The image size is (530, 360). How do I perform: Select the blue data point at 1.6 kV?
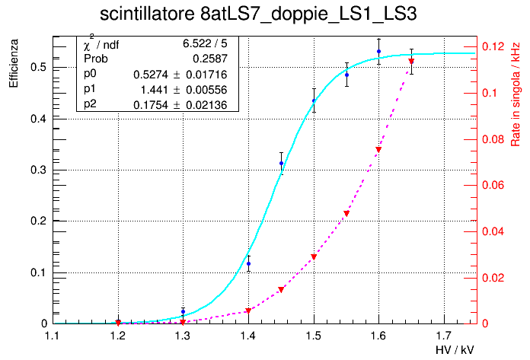[378, 52]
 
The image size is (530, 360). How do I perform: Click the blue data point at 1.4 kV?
[248, 263]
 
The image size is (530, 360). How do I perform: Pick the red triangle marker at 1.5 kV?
[314, 257]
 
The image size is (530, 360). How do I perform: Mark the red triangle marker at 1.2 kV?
[118, 323]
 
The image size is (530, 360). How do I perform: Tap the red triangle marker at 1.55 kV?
[346, 214]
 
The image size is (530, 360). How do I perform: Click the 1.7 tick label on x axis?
[444, 335]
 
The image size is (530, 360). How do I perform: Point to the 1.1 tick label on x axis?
[53, 335]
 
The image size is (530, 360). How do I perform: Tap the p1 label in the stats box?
[91, 90]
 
